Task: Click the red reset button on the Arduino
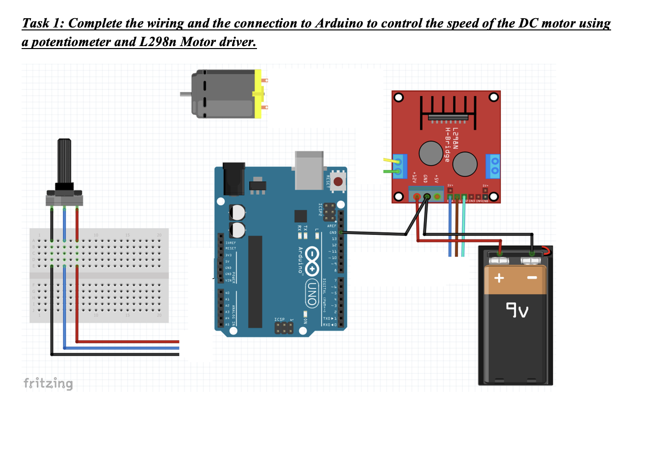tap(338, 181)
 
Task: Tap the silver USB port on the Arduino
tap(309, 169)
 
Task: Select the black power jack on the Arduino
tap(233, 179)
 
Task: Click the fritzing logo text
tap(48, 383)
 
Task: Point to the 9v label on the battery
tap(517, 310)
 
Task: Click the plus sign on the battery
tap(499, 278)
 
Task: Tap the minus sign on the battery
tap(532, 278)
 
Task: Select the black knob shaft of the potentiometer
tap(64, 161)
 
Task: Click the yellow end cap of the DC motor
tap(258, 94)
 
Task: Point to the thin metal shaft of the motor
tap(185, 94)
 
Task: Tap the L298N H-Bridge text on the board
tap(451, 145)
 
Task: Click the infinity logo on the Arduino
tap(312, 261)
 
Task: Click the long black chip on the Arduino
tap(255, 282)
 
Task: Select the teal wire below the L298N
tap(463, 231)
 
